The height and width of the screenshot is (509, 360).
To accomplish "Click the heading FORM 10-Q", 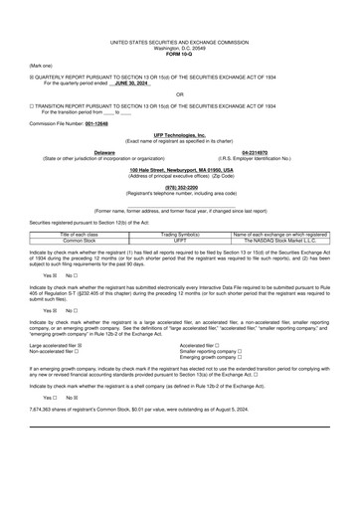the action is (x=180, y=54).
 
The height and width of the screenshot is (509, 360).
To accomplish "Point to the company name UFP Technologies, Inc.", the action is (x=180, y=133).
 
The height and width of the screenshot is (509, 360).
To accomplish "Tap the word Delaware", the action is (x=104, y=152).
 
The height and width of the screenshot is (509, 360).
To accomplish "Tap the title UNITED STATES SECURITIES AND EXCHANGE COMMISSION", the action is (x=180, y=43).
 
